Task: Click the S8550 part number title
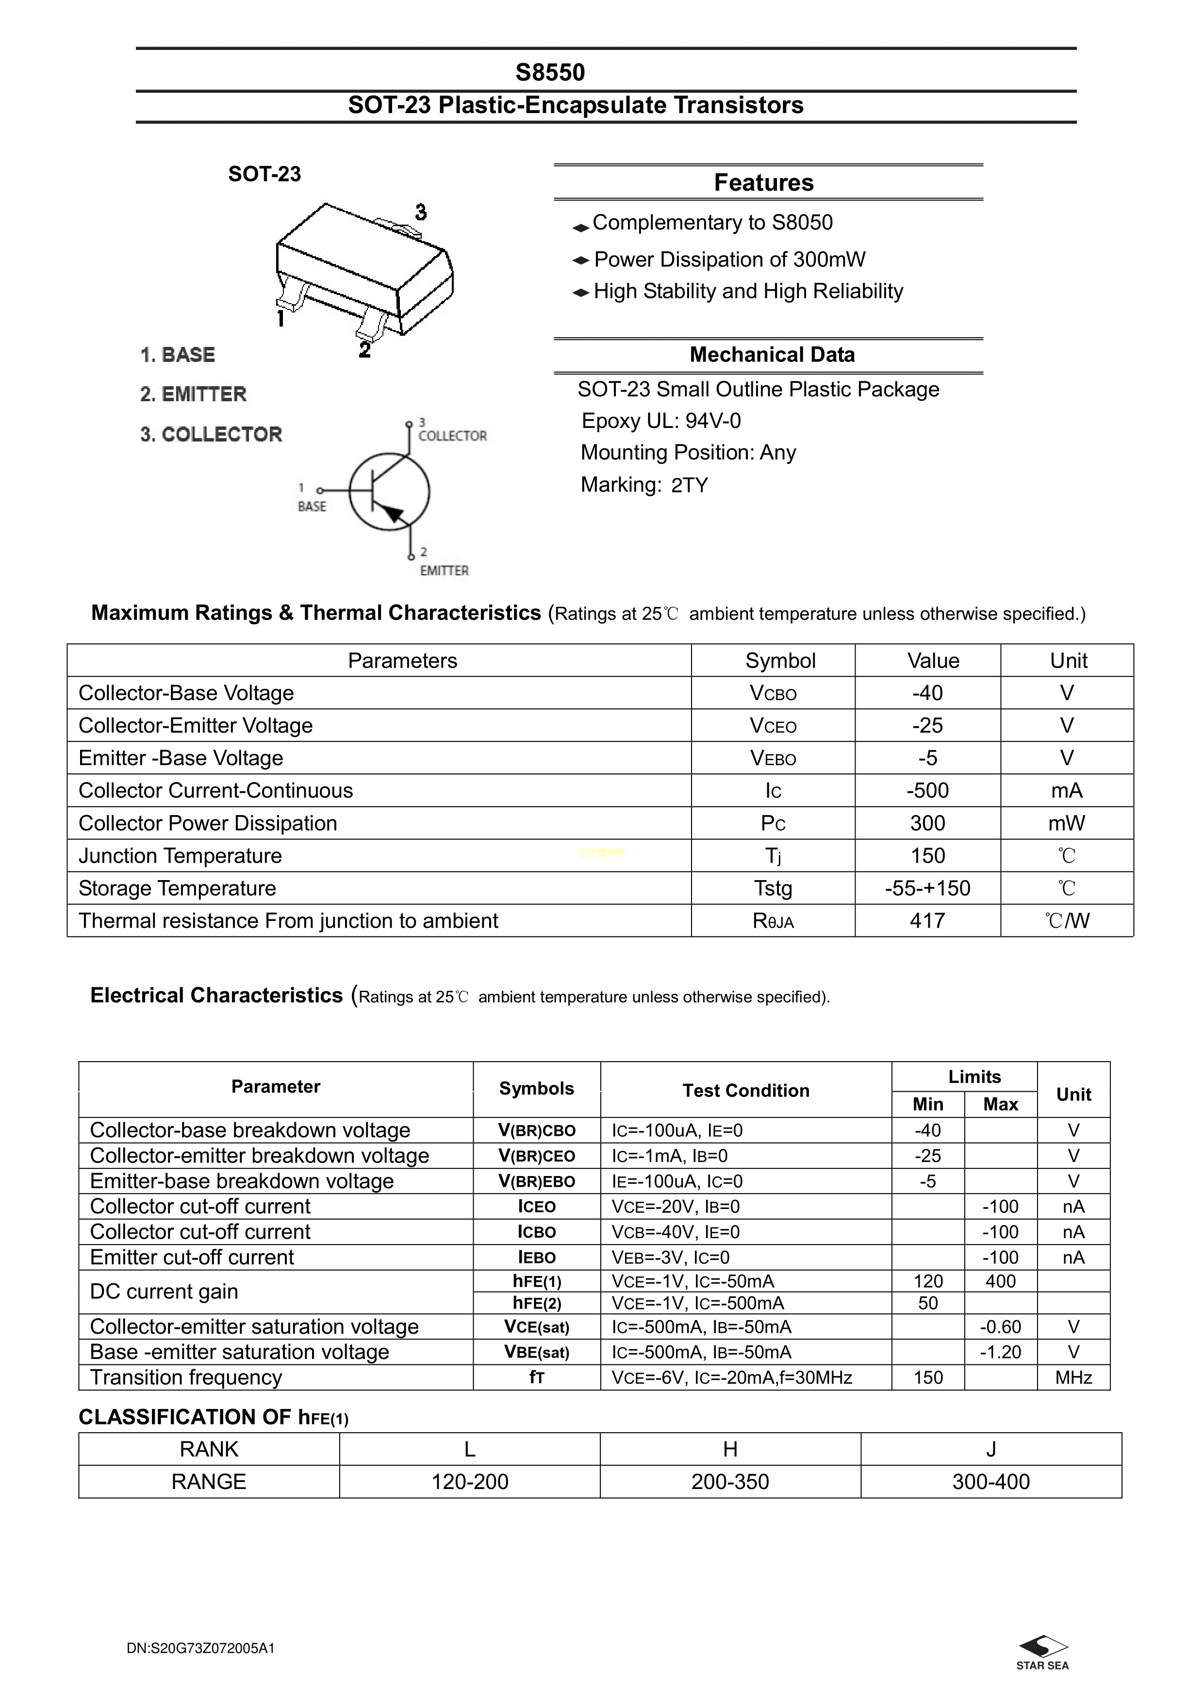550,72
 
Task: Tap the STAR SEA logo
1042,1649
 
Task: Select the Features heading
764,182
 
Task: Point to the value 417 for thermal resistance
927,921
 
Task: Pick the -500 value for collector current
927,790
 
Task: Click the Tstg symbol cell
773,888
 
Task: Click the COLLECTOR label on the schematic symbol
452,436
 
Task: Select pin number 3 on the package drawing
420,213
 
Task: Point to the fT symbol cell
537,1377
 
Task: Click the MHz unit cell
1073,1377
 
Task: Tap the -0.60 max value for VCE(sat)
1000,1327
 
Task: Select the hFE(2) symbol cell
537,1303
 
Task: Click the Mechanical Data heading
772,354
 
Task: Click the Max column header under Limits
1000,1105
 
